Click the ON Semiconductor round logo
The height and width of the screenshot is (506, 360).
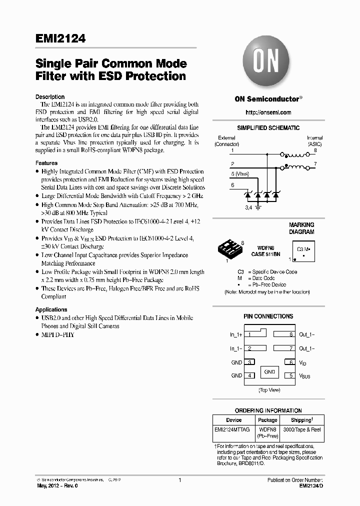pyautogui.click(x=268, y=62)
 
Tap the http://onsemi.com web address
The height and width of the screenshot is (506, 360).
pyautogui.click(x=268, y=112)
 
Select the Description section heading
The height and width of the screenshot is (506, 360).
pyautogui.click(x=49, y=97)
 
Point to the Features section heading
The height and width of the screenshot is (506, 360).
pyautogui.click(x=46, y=163)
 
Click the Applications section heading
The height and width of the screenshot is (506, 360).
pyautogui.click(x=51, y=309)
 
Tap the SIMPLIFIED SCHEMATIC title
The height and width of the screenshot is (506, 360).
pyautogui.click(x=268, y=128)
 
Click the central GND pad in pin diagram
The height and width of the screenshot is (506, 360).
pyautogui.click(x=269, y=372)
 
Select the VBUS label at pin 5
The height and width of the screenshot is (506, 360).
pyautogui.click(x=304, y=375)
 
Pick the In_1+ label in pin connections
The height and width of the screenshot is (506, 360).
pyautogui.click(x=236, y=334)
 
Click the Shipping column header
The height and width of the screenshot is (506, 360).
pyautogui.click(x=301, y=420)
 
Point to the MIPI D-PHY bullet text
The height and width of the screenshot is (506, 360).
pyautogui.click(x=58, y=334)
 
